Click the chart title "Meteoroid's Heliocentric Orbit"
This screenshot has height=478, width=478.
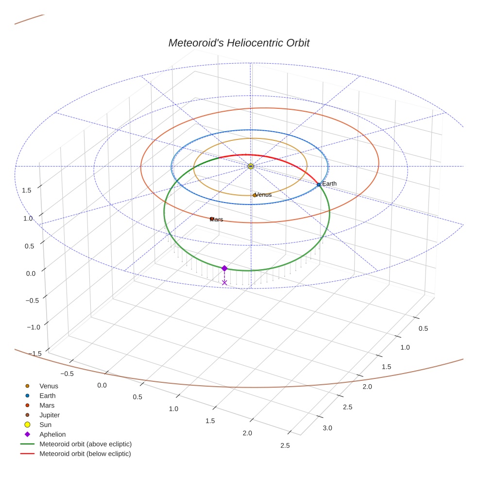239,43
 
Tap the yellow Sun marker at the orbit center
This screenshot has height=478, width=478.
251,166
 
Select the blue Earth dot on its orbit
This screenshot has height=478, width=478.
319,185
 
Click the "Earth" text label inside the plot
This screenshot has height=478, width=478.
329,184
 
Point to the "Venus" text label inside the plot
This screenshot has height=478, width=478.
263,195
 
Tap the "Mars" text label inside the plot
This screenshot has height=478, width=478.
216,220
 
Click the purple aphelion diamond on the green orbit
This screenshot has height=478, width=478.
224,268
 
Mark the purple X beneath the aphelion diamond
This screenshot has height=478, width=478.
224,282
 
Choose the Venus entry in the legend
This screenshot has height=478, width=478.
49,386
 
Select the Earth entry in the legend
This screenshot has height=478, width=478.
48,396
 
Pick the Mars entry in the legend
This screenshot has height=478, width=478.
47,405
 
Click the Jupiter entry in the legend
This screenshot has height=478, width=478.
50,415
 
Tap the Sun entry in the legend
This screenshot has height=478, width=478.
45,425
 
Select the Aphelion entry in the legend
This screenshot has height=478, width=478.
52,434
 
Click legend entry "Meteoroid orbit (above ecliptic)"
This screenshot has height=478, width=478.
85,444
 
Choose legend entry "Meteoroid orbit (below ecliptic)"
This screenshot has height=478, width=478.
85,454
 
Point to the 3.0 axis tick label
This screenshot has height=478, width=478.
327,428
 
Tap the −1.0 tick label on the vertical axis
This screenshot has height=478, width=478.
34,327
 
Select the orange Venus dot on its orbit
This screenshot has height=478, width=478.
255,195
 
